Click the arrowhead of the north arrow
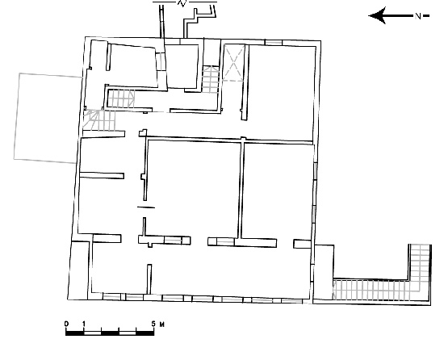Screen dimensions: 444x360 (377, 15)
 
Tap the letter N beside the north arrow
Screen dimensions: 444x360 (418, 16)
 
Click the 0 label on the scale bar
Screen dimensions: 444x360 (66, 324)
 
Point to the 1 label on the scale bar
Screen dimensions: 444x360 (84, 324)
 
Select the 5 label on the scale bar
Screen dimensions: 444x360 (153, 324)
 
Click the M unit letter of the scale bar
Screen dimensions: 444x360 (162, 324)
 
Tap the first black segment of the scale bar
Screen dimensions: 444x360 (75, 333)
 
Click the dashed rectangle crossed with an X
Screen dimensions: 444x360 (233, 62)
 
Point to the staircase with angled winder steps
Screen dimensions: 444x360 (99, 120)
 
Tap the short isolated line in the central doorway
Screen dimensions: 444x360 (146, 207)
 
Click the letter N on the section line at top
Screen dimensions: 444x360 (182, 3)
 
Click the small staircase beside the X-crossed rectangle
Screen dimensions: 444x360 (211, 80)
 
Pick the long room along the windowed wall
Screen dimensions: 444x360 (201, 269)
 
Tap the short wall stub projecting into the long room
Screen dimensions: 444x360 (149, 279)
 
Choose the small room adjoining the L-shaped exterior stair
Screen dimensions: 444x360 (324, 272)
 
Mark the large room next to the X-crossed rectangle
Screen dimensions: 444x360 (282, 93)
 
